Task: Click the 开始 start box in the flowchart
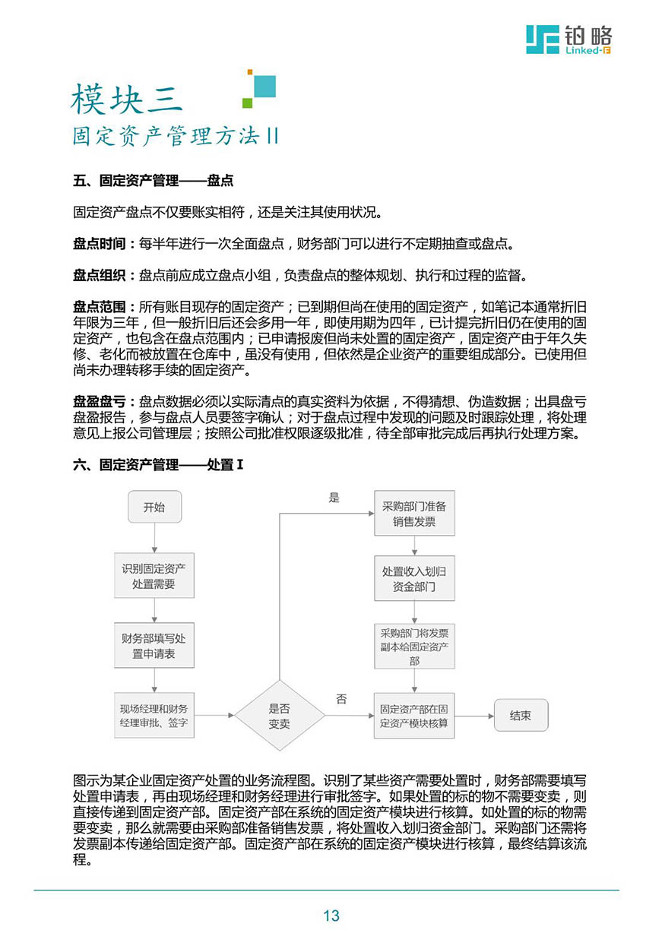(x=154, y=507)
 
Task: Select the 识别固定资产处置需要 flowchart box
(x=154, y=576)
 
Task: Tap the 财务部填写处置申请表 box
(x=154, y=645)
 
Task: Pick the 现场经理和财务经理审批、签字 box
(x=154, y=715)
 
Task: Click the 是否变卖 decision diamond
(x=279, y=716)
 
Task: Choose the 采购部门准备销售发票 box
(x=414, y=514)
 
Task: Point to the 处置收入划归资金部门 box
(x=414, y=579)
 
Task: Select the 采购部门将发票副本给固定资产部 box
(x=414, y=646)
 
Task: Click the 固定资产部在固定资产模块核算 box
(x=414, y=716)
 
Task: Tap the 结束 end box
(x=521, y=716)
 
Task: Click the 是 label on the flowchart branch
(x=334, y=498)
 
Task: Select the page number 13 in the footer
(x=331, y=916)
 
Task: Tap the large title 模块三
(x=127, y=100)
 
